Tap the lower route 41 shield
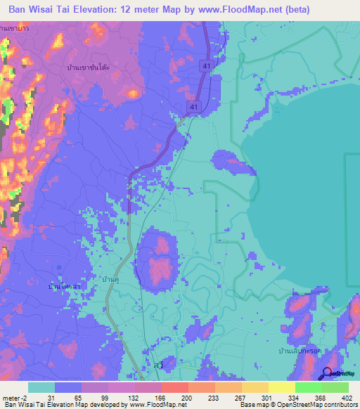coord(192,105)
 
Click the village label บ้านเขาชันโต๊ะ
coord(96,67)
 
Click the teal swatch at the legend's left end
coord(41,387)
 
